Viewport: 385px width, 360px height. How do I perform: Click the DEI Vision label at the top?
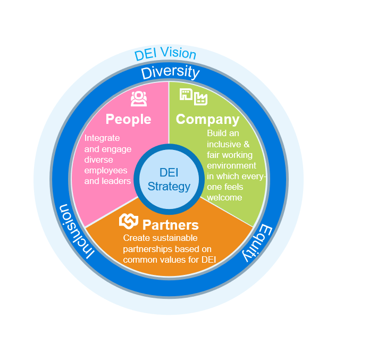click(165, 54)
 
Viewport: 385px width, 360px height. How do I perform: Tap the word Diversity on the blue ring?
click(170, 72)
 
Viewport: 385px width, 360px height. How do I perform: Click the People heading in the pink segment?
click(128, 119)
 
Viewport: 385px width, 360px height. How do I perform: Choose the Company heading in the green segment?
click(207, 119)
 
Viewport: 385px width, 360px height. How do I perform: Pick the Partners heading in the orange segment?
click(170, 224)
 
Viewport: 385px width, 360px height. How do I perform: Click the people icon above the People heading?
click(138, 99)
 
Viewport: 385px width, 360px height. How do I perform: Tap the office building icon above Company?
click(186, 95)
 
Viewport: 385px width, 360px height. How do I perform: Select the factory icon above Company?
click(201, 98)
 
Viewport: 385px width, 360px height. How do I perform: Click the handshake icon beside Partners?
click(129, 221)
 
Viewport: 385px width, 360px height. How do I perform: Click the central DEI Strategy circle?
click(169, 179)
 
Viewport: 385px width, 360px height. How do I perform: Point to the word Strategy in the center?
click(169, 187)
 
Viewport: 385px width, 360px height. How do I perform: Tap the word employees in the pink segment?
click(106, 170)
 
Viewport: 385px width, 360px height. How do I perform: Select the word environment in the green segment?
click(232, 165)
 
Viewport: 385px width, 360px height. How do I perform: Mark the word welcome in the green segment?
click(224, 197)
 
